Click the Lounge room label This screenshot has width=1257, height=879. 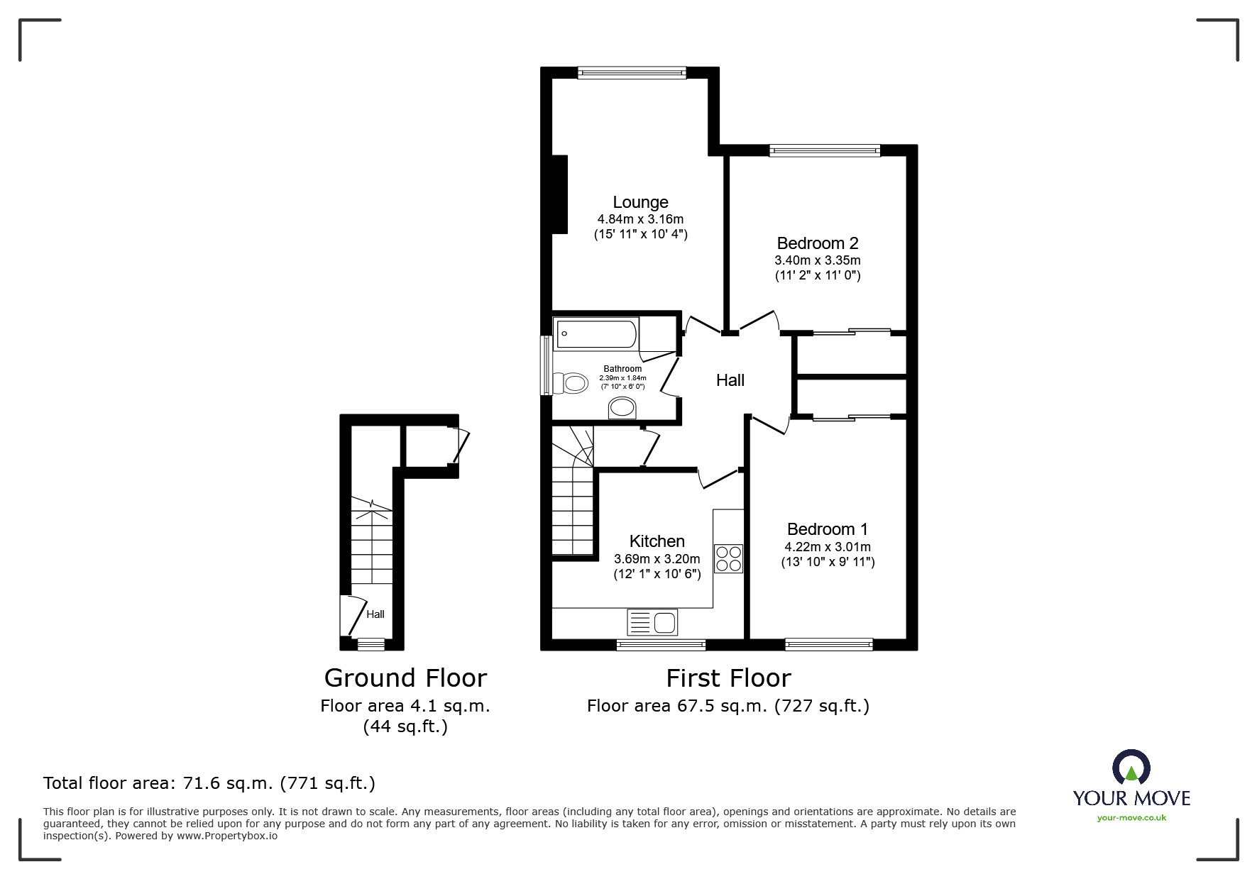[640, 203]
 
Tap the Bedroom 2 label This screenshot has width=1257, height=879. [818, 243]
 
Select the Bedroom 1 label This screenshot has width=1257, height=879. [828, 529]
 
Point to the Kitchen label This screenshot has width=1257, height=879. [657, 541]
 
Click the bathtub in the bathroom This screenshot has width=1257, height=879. [596, 333]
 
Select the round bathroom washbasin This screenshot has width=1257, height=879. [623, 408]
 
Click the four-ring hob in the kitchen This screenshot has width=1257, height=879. [728, 558]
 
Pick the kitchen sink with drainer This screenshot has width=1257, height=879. [652, 622]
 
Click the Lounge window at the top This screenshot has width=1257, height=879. [632, 72]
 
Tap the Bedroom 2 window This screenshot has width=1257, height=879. [825, 150]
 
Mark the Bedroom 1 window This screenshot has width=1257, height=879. [829, 644]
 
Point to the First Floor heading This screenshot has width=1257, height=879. [728, 678]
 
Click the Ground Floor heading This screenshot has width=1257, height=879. [405, 678]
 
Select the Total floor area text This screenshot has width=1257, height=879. [209, 783]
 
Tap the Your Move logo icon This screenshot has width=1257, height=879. [1131, 768]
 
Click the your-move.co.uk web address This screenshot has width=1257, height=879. [1131, 818]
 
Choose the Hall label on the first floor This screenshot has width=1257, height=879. [730, 380]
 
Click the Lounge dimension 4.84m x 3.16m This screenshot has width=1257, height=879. [640, 219]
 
